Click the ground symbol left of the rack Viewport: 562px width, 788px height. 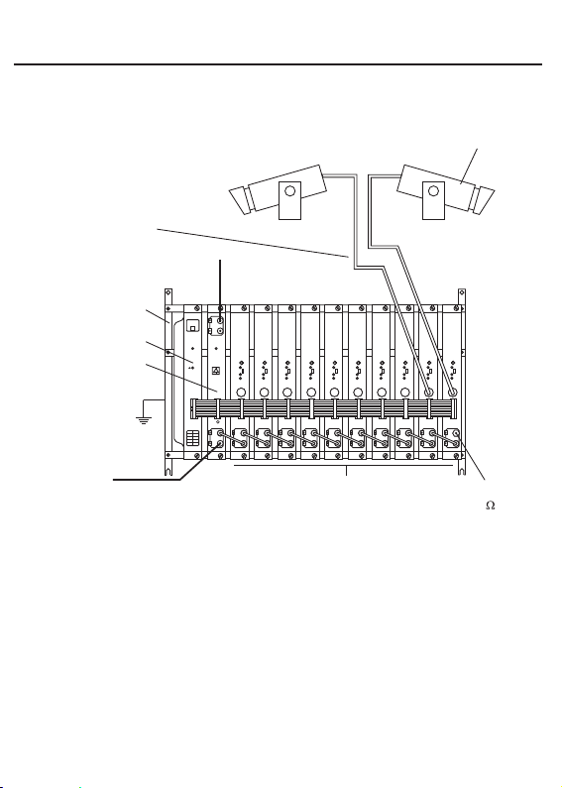tap(144, 420)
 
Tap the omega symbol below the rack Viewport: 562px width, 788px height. tap(490, 506)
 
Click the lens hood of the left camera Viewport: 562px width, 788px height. tap(240, 200)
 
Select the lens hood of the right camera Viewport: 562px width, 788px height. tap(484, 200)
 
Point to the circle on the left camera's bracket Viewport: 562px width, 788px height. tap(290, 190)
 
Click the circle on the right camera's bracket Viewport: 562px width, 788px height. tap(433, 190)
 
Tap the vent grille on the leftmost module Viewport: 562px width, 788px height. tap(192, 438)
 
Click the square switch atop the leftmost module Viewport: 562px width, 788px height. tap(192, 327)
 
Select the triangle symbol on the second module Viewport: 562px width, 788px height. tap(216, 371)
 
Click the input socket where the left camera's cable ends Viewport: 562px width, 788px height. tap(429, 392)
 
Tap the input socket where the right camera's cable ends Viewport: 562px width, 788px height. tap(452, 392)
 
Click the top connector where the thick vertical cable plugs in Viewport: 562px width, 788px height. tap(220, 319)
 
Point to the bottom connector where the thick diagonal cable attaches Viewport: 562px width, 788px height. tap(220, 444)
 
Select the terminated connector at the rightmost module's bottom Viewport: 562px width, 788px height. tap(455, 433)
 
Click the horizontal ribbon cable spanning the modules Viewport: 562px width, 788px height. tap(324, 408)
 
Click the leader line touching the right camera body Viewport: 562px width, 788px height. tap(469, 167)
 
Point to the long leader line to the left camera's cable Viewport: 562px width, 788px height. tap(253, 243)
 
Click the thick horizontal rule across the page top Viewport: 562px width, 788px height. tap(278, 64)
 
